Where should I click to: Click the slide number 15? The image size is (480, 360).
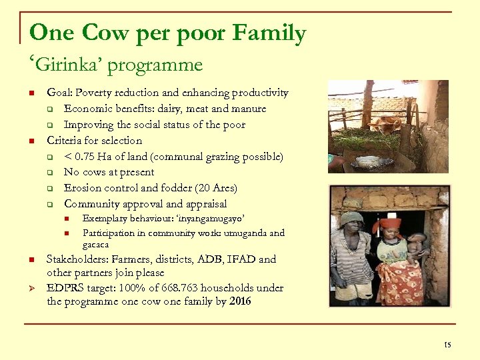click(x=447, y=344)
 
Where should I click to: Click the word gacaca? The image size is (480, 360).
click(x=95, y=245)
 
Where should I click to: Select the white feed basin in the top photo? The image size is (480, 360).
click(x=367, y=161)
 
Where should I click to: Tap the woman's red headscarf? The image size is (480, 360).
click(x=389, y=225)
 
